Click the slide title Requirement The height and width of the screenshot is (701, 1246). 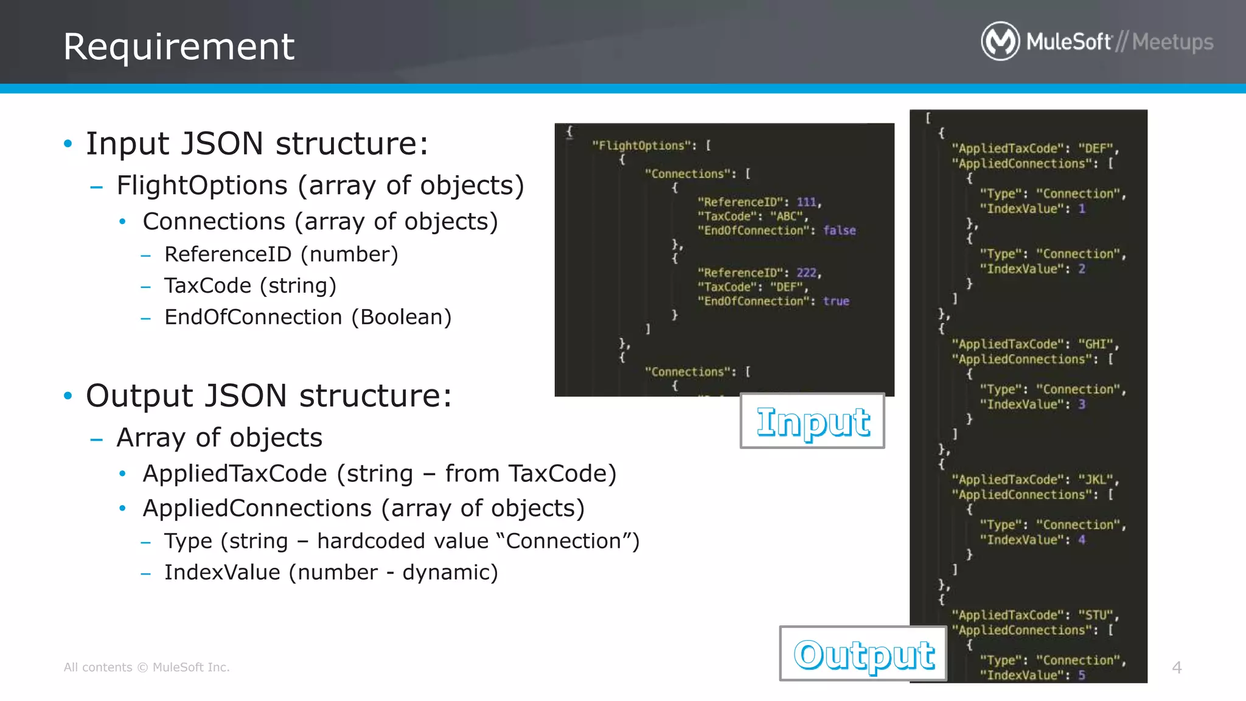coord(179,47)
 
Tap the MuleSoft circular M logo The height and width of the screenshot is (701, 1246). coord(1000,41)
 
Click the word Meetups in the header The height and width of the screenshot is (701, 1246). coord(1172,42)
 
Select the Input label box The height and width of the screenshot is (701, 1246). coord(812,421)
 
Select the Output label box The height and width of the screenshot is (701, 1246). coord(863,654)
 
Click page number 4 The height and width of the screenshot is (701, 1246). coord(1177,668)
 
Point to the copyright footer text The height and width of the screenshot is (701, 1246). coord(147,668)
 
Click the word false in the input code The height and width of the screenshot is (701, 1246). coord(839,231)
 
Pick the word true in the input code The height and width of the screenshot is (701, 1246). coord(836,301)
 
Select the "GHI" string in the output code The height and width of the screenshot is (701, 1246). coord(1096,344)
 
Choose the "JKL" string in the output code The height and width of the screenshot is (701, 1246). coord(1096,480)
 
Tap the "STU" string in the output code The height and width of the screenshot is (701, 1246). coord(1096,615)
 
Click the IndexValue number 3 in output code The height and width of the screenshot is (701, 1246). coord(1082,404)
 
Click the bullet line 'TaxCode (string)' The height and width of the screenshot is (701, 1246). coord(250,285)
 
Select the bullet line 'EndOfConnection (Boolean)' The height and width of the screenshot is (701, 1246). coord(308,317)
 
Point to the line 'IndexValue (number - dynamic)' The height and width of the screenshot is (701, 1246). coord(331,572)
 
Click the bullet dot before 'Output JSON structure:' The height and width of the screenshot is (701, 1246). coord(68,396)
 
